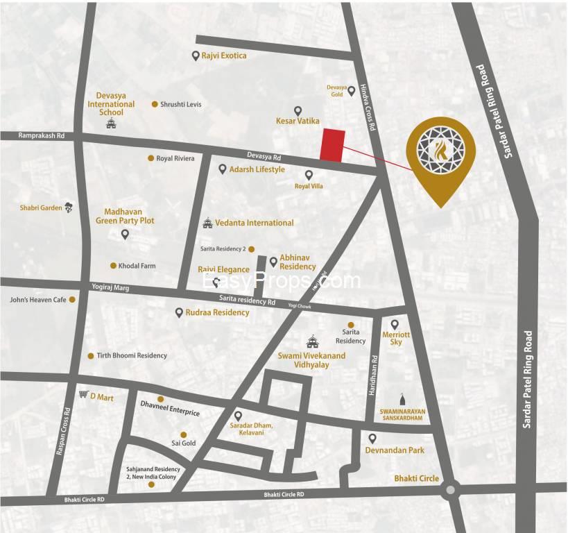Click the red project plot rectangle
pyautogui.click(x=332, y=146)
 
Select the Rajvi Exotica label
pyautogui.click(x=224, y=56)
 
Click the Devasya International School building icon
pyautogui.click(x=110, y=124)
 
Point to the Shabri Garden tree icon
pyautogui.click(x=69, y=207)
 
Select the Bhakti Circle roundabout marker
pyautogui.click(x=450, y=490)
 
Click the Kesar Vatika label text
pyautogui.click(x=298, y=121)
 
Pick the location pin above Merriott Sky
pyautogui.click(x=395, y=324)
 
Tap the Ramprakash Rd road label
pyautogui.click(x=42, y=136)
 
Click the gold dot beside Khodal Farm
pyautogui.click(x=113, y=266)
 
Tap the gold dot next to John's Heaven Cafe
pyautogui.click(x=71, y=300)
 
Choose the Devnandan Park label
pyautogui.click(x=395, y=450)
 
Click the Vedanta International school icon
pyautogui.click(x=207, y=223)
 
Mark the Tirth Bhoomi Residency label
pyautogui.click(x=132, y=355)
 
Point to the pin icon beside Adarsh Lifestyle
pyautogui.click(x=222, y=169)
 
